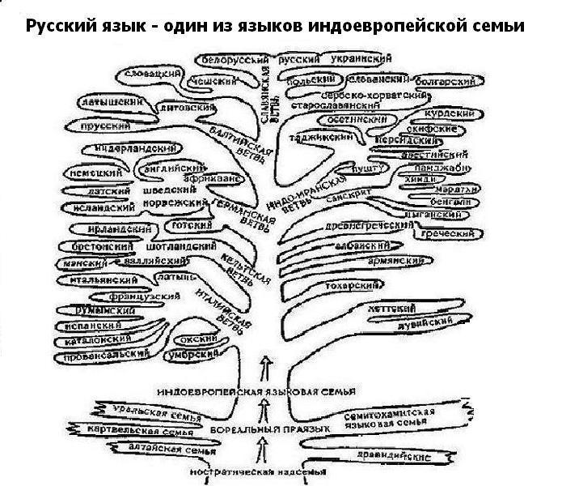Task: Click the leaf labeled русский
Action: pyautogui.click(x=298, y=60)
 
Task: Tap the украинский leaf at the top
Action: pyautogui.click(x=357, y=60)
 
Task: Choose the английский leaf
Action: pyautogui.click(x=169, y=168)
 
